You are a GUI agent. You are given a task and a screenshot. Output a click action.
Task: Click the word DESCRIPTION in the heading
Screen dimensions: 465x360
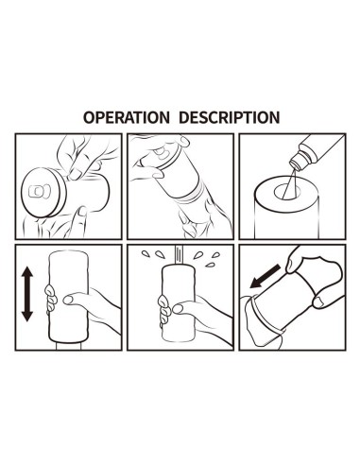click(228, 118)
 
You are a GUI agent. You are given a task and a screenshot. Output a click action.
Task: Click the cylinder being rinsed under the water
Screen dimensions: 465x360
click(180, 312)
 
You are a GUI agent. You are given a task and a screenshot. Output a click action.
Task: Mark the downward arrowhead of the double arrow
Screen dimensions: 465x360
click(28, 319)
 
